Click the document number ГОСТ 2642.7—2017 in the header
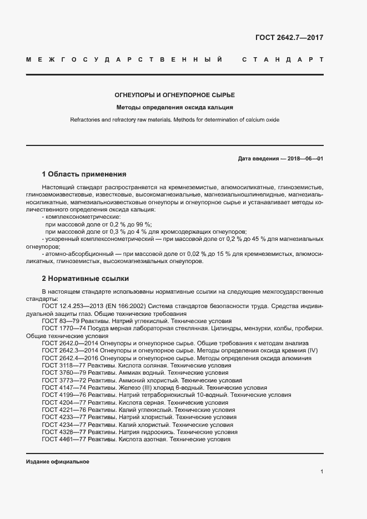pos(289,38)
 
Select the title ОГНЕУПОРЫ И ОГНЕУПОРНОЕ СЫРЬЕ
pos(175,95)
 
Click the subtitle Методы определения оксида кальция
pos(174,108)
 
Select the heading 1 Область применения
pos(84,174)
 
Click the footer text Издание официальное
pos(57,462)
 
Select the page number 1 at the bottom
pos(321,472)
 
